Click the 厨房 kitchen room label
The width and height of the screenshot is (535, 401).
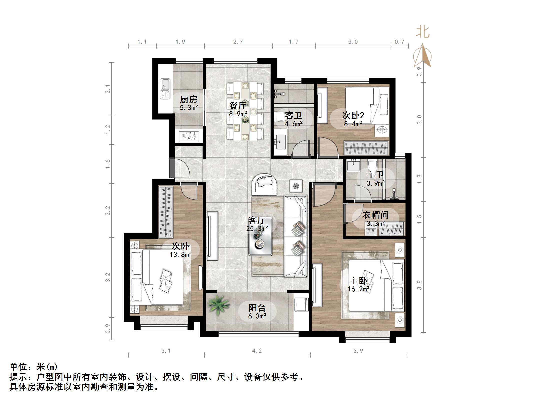189,99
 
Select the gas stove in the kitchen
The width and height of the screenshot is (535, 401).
189,136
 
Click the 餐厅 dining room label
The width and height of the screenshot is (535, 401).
238,105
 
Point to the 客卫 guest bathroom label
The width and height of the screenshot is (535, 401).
293,115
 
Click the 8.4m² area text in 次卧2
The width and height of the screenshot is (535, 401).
353,124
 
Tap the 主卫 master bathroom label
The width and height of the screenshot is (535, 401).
375,175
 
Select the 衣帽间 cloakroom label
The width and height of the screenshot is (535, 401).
375,215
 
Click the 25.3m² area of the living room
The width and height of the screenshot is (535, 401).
257,228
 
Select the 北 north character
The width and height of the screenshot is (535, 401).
423,32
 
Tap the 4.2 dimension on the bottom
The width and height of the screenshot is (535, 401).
257,351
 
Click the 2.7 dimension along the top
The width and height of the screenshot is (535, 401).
238,42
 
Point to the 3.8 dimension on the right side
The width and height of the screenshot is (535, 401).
419,285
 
